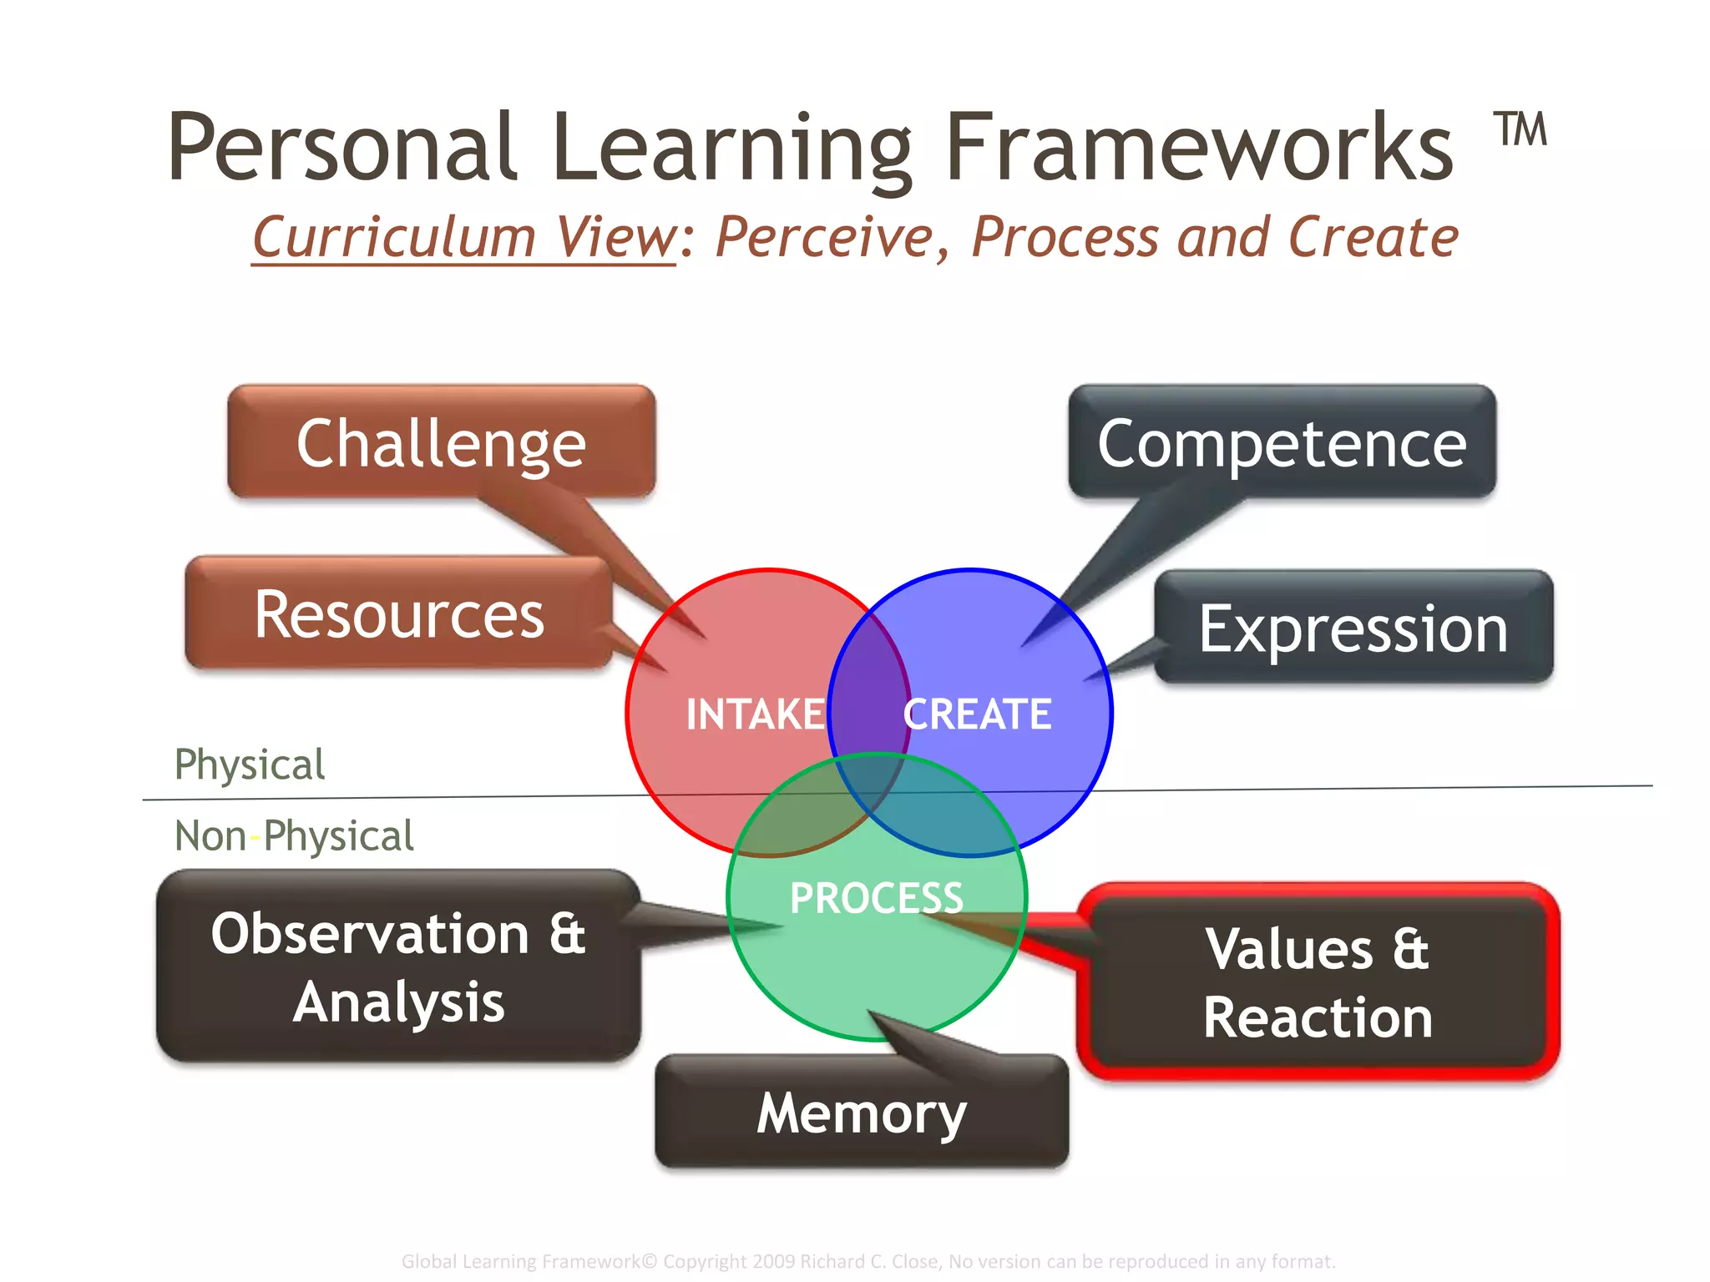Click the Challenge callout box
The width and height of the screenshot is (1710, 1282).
tap(441, 442)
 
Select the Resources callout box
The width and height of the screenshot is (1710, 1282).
tap(399, 613)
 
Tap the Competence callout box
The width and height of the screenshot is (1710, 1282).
tap(1282, 442)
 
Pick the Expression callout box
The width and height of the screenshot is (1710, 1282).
tap(1353, 628)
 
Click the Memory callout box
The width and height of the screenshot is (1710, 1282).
tap(862, 1112)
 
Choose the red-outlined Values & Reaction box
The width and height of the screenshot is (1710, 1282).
tap(1318, 982)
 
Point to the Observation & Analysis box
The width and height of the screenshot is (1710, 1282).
tap(398, 967)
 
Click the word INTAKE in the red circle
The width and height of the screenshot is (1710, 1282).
tap(755, 714)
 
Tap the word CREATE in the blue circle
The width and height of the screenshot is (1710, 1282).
tap(978, 714)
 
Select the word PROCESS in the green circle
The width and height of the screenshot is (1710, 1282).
tap(877, 898)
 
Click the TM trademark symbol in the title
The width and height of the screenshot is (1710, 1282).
tap(1520, 130)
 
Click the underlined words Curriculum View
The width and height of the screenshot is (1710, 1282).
tap(464, 238)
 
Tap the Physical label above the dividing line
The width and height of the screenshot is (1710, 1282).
tap(249, 765)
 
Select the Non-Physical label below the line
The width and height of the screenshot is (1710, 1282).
tap(294, 836)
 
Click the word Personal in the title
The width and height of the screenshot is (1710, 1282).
tap(342, 149)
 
